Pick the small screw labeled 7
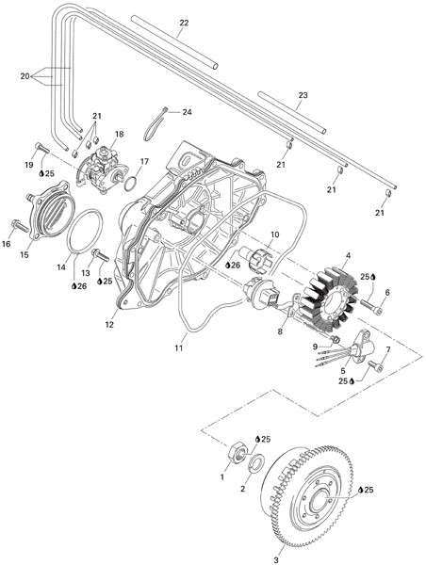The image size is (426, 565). click(375, 366)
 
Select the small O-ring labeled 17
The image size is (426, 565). click(131, 184)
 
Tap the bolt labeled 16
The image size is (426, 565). click(20, 226)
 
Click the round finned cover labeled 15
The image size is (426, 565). click(50, 211)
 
